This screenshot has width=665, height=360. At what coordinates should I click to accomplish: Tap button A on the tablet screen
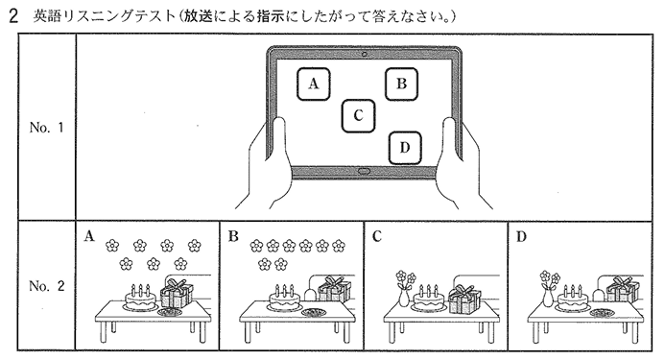[x=314, y=84]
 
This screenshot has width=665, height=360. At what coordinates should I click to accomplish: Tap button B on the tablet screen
[x=402, y=84]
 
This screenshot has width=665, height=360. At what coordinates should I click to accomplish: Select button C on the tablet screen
[x=358, y=115]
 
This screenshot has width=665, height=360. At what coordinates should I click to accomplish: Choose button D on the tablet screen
[x=405, y=148]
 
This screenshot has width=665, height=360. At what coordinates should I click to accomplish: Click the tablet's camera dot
[x=365, y=55]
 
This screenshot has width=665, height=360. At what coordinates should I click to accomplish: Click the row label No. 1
[x=47, y=128]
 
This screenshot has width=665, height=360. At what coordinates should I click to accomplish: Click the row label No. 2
[x=47, y=286]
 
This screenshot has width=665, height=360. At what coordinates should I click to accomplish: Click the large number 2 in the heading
[x=13, y=16]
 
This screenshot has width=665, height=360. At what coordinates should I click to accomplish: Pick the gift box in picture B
[x=335, y=289]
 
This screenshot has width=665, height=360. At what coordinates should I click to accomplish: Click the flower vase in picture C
[x=405, y=289]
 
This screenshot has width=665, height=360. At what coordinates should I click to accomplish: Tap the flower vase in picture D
[x=549, y=289]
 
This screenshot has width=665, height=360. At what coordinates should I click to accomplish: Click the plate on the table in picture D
[x=601, y=313]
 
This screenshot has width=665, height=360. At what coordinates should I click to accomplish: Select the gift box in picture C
[x=464, y=299]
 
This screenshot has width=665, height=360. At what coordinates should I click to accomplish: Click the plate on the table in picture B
[x=313, y=313]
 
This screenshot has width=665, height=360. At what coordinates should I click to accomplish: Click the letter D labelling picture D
[x=521, y=236]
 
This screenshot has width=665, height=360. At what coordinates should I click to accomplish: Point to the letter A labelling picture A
[x=89, y=236]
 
